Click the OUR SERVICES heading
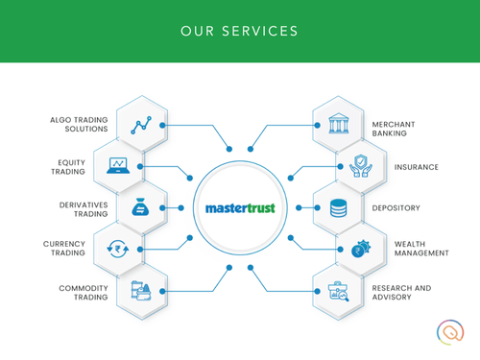[239, 31]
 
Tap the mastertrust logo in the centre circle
[239, 207]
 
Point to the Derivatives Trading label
[74, 206]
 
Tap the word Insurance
[417, 166]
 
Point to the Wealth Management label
[420, 249]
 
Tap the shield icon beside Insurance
[360, 166]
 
